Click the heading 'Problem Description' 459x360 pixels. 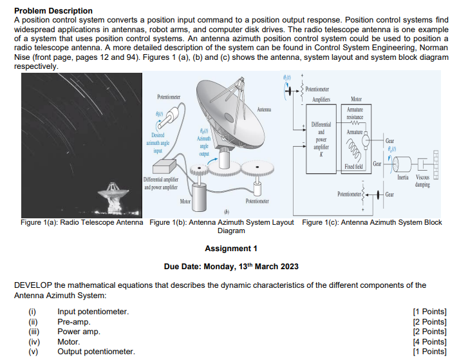point(53,11)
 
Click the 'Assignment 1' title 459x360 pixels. point(230,249)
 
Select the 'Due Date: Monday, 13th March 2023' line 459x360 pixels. point(230,267)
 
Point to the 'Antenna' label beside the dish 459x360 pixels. point(265,109)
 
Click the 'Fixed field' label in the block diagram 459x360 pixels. point(355,166)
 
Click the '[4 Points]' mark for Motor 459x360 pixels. point(429,341)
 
